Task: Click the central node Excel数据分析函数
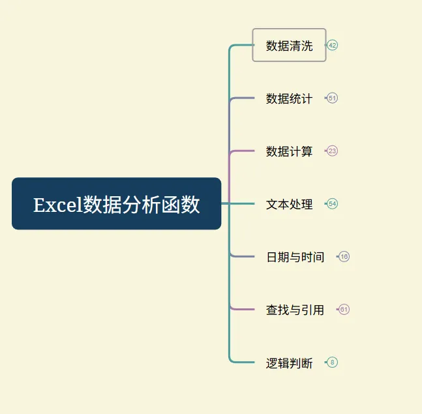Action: (116, 203)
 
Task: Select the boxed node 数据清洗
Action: (289, 46)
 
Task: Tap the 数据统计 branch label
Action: (289, 98)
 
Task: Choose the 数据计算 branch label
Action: (289, 151)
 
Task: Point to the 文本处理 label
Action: (289, 204)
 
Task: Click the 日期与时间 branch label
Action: (295, 257)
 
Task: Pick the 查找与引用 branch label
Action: (295, 310)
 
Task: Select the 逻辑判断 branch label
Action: (289, 362)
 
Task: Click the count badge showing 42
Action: (333, 45)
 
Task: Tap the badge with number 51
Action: (333, 98)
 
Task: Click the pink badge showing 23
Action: (333, 151)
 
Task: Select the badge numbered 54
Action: (333, 203)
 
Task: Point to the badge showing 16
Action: (344, 256)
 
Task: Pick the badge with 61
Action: (344, 309)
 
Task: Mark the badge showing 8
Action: (333, 362)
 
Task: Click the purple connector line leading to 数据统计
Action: (243, 98)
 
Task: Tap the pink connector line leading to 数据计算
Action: (243, 151)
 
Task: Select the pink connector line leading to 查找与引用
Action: (243, 309)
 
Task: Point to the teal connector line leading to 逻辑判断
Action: (243, 362)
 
